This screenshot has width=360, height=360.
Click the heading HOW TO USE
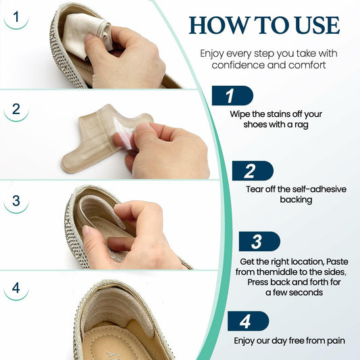264,25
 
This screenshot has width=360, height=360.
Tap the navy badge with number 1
231,95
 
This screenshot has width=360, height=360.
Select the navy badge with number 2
251,171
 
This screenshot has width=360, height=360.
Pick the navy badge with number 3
258,241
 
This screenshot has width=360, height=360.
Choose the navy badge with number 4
247,321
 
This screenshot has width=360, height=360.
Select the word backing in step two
297,200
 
